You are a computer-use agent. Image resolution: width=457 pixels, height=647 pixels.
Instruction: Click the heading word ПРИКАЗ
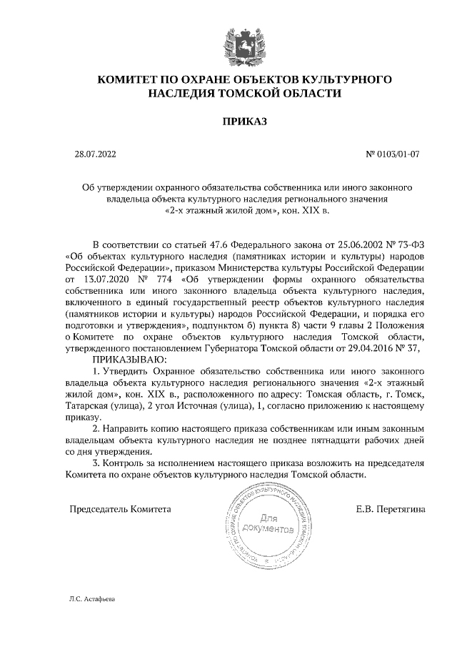245,122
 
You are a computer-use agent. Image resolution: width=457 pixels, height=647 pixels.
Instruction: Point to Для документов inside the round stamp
268,523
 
